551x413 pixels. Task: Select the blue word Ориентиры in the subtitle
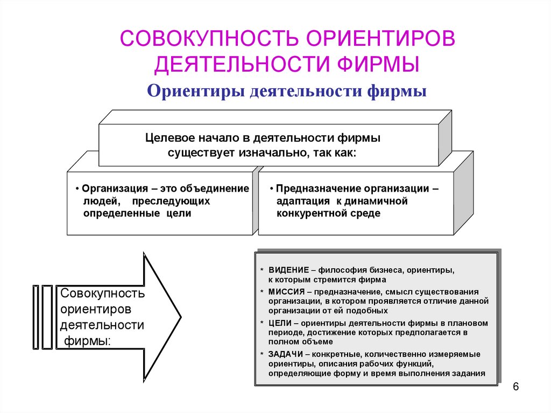tap(196, 91)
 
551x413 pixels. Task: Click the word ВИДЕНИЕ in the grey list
tap(289, 269)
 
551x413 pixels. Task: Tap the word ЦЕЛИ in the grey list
tap(280, 323)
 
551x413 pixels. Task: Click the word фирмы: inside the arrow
tap(87, 341)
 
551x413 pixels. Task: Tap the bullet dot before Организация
tap(77, 190)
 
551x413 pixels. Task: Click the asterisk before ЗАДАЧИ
tap(262, 354)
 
